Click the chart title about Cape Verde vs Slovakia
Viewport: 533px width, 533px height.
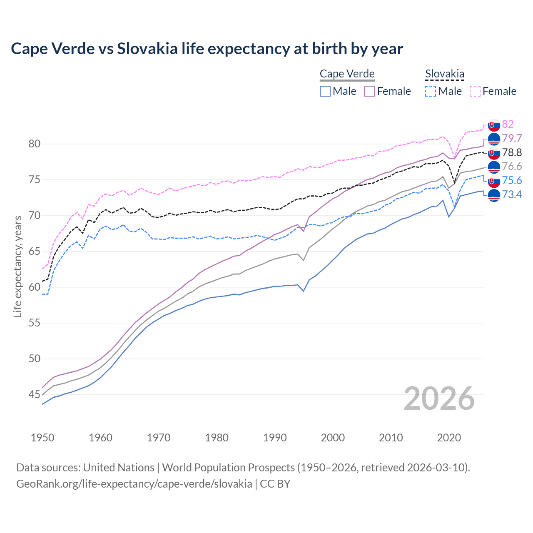click(207, 49)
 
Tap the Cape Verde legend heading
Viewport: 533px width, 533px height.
click(347, 74)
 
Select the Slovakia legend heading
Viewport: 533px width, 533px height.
click(444, 74)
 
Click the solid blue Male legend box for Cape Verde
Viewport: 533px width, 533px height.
click(325, 91)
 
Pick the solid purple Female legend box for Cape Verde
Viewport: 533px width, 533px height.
click(369, 91)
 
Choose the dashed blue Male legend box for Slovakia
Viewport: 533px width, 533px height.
click(431, 91)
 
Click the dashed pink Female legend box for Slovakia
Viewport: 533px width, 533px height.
click(475, 91)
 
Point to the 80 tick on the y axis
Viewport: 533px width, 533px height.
click(35, 144)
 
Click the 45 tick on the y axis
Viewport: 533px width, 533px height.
click(35, 394)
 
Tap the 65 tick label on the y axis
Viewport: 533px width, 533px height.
click(35, 252)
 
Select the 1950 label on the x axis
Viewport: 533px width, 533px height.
click(42, 438)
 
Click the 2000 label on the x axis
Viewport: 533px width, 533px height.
click(333, 438)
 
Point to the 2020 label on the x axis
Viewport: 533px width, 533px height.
click(449, 438)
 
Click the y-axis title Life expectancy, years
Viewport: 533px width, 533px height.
click(17, 266)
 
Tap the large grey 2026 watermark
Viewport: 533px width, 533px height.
click(439, 399)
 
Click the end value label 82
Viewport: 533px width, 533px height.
click(508, 124)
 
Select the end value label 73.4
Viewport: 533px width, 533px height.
click(512, 194)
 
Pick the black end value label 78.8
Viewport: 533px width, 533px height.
click(512, 152)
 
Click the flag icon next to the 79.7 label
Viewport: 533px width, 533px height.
click(494, 139)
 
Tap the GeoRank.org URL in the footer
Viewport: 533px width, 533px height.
click(134, 484)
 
